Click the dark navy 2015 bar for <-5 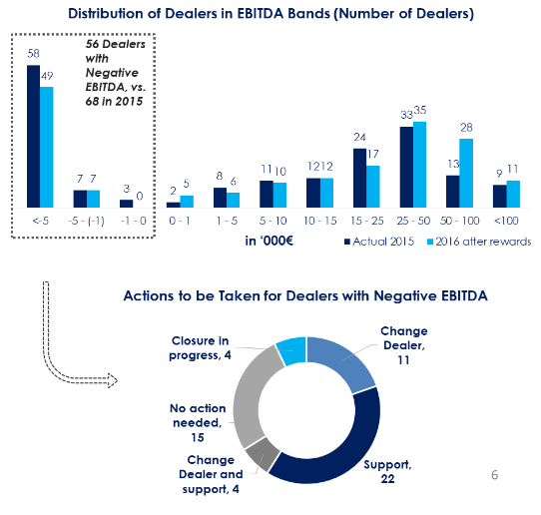pyautogui.click(x=34, y=137)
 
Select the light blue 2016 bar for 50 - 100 pyautogui.click(x=466, y=173)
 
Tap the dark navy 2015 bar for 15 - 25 pyautogui.click(x=359, y=178)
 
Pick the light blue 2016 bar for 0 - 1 pyautogui.click(x=187, y=202)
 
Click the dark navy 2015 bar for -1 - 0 pyautogui.click(x=127, y=204)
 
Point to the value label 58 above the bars pyautogui.click(x=34, y=54)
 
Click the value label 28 pyautogui.click(x=466, y=128)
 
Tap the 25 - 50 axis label pyautogui.click(x=413, y=221)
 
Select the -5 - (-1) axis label pyautogui.click(x=86, y=221)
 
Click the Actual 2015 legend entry pyautogui.click(x=379, y=242)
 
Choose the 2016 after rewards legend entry pyautogui.click(x=479, y=242)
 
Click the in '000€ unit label pyautogui.click(x=270, y=241)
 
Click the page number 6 pyautogui.click(x=494, y=475)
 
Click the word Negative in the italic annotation pyautogui.click(x=112, y=73)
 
